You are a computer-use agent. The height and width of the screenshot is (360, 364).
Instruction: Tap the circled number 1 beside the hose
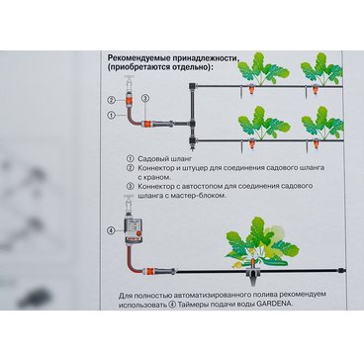(112, 115)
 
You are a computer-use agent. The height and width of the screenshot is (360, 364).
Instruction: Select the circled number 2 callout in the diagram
(112, 100)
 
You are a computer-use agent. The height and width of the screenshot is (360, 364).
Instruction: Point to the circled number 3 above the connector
(145, 98)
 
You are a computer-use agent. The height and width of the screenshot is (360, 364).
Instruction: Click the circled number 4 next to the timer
(111, 230)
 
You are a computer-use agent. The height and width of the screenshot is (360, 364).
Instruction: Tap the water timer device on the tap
(132, 230)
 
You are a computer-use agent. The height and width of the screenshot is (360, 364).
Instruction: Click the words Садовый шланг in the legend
(160, 159)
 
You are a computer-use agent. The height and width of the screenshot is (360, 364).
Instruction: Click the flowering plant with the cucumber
(260, 243)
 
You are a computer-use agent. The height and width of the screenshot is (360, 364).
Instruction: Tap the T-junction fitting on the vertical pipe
(192, 125)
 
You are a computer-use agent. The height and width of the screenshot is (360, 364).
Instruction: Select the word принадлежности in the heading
(202, 59)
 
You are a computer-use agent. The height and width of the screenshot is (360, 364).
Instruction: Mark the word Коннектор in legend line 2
(154, 168)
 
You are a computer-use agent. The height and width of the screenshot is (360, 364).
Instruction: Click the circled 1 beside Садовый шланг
(131, 159)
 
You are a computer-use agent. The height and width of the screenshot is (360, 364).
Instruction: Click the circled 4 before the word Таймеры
(172, 305)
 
